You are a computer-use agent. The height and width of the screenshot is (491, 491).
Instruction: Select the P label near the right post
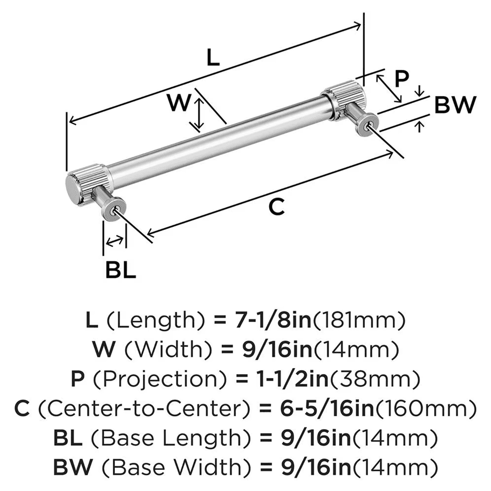pyautogui.click(x=402, y=79)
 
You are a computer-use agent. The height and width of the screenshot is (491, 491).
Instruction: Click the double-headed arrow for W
pyautogui.click(x=198, y=114)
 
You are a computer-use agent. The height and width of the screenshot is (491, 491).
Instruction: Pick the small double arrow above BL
pyautogui.click(x=114, y=241)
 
